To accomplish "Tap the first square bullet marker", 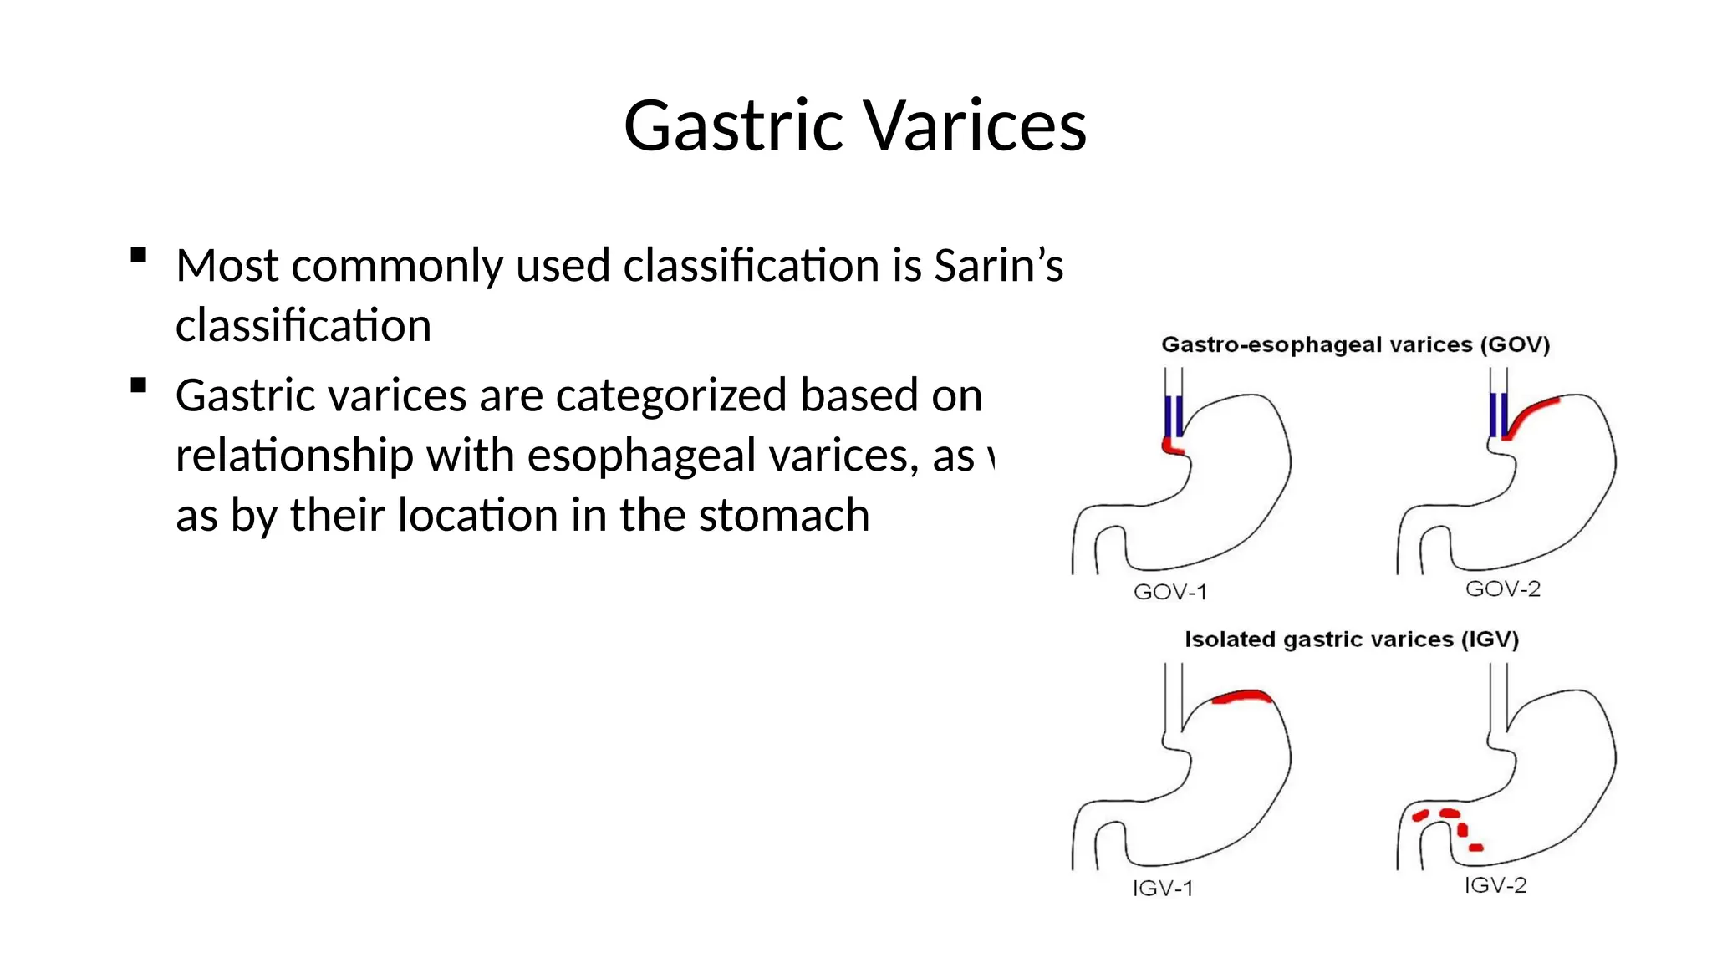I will tap(139, 255).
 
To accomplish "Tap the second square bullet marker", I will tap(139, 385).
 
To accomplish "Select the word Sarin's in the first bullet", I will tap(998, 266).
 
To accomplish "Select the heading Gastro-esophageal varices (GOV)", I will tap(1355, 345).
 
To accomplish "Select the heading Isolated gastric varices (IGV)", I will tap(1351, 639).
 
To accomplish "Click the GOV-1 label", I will tap(1170, 592).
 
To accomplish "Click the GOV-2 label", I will tap(1502, 589).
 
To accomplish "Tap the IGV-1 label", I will tap(1163, 888).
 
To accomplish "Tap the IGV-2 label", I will tap(1495, 885).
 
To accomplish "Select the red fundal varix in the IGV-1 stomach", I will tap(1242, 696).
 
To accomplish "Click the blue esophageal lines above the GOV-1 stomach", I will tap(1173, 415).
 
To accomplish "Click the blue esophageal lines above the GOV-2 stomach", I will tap(1498, 415).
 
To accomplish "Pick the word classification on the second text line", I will tap(303, 325).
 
